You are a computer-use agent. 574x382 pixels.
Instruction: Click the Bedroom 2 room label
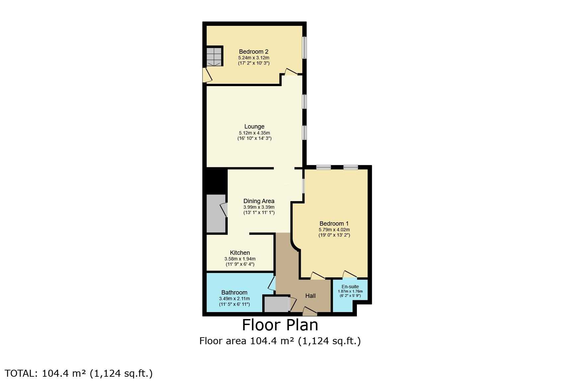[254, 52]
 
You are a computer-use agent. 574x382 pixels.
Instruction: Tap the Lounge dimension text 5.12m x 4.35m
[254, 133]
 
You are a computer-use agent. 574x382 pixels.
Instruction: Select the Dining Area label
[259, 201]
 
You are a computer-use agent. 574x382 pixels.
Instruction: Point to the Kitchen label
[240, 253]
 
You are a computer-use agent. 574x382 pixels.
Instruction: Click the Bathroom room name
[234, 293]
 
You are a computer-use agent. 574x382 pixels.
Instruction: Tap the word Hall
[310, 296]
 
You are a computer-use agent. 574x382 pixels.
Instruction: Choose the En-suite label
[350, 287]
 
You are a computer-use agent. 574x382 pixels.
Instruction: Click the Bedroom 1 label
[334, 224]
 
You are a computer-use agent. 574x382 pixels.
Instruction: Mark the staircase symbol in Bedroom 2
[214, 57]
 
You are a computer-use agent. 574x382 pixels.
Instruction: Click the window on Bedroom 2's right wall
[304, 48]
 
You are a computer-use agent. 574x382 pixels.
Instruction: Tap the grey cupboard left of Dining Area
[216, 214]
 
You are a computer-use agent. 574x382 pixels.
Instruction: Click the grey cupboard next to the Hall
[277, 304]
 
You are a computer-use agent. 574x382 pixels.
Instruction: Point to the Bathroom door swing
[272, 284]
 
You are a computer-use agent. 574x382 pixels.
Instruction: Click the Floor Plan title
[280, 325]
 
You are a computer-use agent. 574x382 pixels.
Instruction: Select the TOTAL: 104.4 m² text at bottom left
[79, 373]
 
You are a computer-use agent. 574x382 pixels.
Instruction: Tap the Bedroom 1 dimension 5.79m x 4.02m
[334, 230]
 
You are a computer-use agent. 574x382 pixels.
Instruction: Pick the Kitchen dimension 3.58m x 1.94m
[240, 259]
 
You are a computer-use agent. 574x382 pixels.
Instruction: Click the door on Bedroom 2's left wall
[207, 75]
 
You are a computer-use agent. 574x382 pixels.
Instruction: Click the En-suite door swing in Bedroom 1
[350, 274]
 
